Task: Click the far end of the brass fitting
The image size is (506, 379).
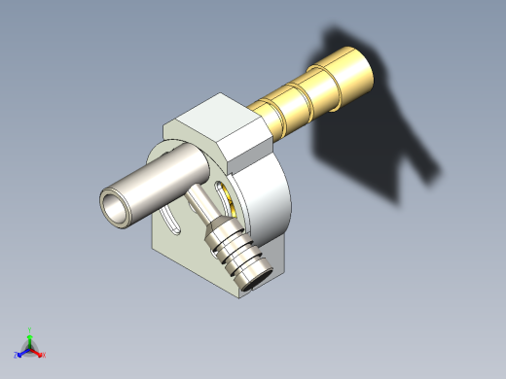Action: point(356,71)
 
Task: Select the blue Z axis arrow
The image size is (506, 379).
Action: point(22,352)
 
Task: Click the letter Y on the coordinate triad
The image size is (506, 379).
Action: point(30,329)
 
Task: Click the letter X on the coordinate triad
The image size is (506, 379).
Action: point(44,355)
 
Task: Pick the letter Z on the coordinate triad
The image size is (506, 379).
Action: point(17,356)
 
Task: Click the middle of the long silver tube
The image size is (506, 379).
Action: point(156,185)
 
